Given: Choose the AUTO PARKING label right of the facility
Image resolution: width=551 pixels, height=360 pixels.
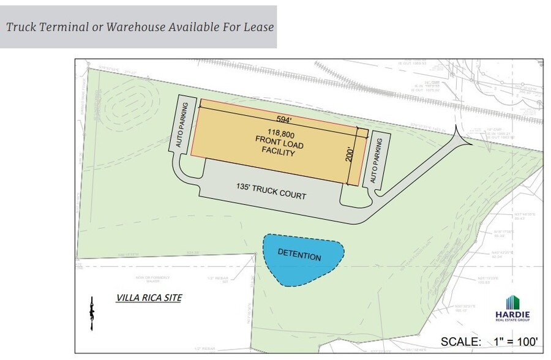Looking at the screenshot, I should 377,161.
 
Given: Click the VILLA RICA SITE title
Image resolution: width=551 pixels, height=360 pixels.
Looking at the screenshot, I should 149,298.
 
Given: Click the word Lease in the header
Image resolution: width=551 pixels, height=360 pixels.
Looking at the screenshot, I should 257,27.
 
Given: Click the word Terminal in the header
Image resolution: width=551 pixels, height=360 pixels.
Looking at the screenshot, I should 66,27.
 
